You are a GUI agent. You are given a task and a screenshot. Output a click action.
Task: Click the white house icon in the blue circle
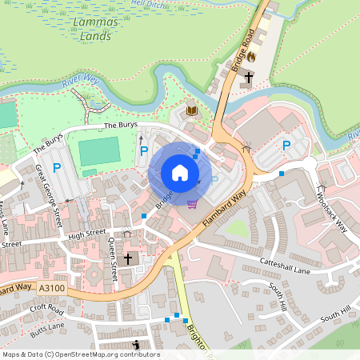pyautogui.click(x=180, y=172)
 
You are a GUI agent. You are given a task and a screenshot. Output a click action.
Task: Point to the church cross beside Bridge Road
pyautogui.click(x=249, y=77)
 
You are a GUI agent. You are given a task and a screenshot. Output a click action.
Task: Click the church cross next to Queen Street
pyautogui.click(x=127, y=259)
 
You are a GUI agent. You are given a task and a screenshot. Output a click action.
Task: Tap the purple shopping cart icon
pyautogui.click(x=191, y=203)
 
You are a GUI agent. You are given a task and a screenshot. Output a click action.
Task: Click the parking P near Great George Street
pyautogui.click(x=57, y=167)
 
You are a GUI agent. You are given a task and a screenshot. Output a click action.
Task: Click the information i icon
pyautogui.click(x=137, y=345)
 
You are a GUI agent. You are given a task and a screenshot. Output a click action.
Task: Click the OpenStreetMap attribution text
pyautogui.click(x=80, y=354)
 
